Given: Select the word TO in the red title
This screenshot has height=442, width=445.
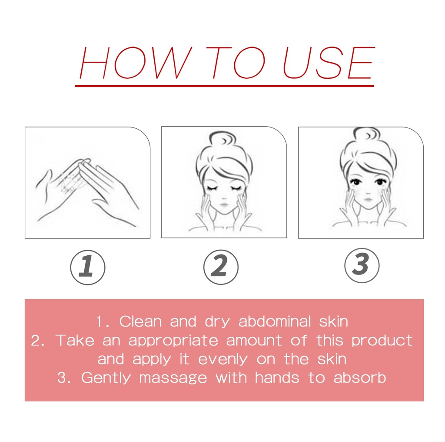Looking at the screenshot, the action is (x=236, y=63).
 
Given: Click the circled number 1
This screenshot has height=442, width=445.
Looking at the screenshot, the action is (x=88, y=267).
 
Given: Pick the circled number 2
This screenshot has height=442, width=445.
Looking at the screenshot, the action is (x=221, y=267).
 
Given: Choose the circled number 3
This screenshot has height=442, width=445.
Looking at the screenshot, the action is (x=362, y=265).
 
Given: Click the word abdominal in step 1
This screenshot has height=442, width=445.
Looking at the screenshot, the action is (x=275, y=321).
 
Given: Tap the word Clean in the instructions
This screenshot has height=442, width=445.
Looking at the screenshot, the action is (x=140, y=321).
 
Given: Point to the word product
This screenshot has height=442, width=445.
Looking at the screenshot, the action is (x=382, y=341).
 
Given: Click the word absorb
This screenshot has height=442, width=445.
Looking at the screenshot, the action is (x=360, y=378).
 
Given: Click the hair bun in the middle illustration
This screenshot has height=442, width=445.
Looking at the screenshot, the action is (x=222, y=141).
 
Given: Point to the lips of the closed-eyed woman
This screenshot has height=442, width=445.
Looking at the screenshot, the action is (x=224, y=204).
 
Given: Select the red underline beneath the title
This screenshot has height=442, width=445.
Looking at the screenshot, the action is (x=225, y=86).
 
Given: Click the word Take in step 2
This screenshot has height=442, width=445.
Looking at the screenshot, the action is (x=75, y=340).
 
